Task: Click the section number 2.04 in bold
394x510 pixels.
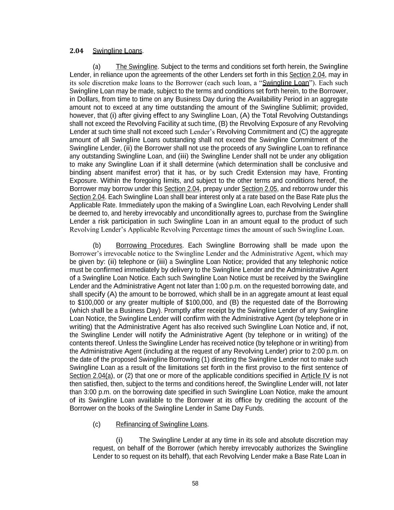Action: pyautogui.click(x=77, y=51)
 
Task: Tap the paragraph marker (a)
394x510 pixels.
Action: pyautogui.click(x=97, y=67)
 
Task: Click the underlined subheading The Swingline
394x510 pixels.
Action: pyautogui.click(x=136, y=67)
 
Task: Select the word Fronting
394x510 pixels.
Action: pyautogui.click(x=335, y=173)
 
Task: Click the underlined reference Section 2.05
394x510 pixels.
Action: pyautogui.click(x=259, y=189)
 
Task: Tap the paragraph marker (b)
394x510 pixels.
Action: pyautogui.click(x=97, y=245)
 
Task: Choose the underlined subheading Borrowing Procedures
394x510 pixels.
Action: pyautogui.click(x=149, y=245)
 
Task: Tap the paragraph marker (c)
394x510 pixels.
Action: pyautogui.click(x=97, y=424)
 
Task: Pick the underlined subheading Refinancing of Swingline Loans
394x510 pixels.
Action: pyautogui.click(x=161, y=424)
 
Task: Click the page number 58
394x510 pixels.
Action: pyautogui.click(x=195, y=484)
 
